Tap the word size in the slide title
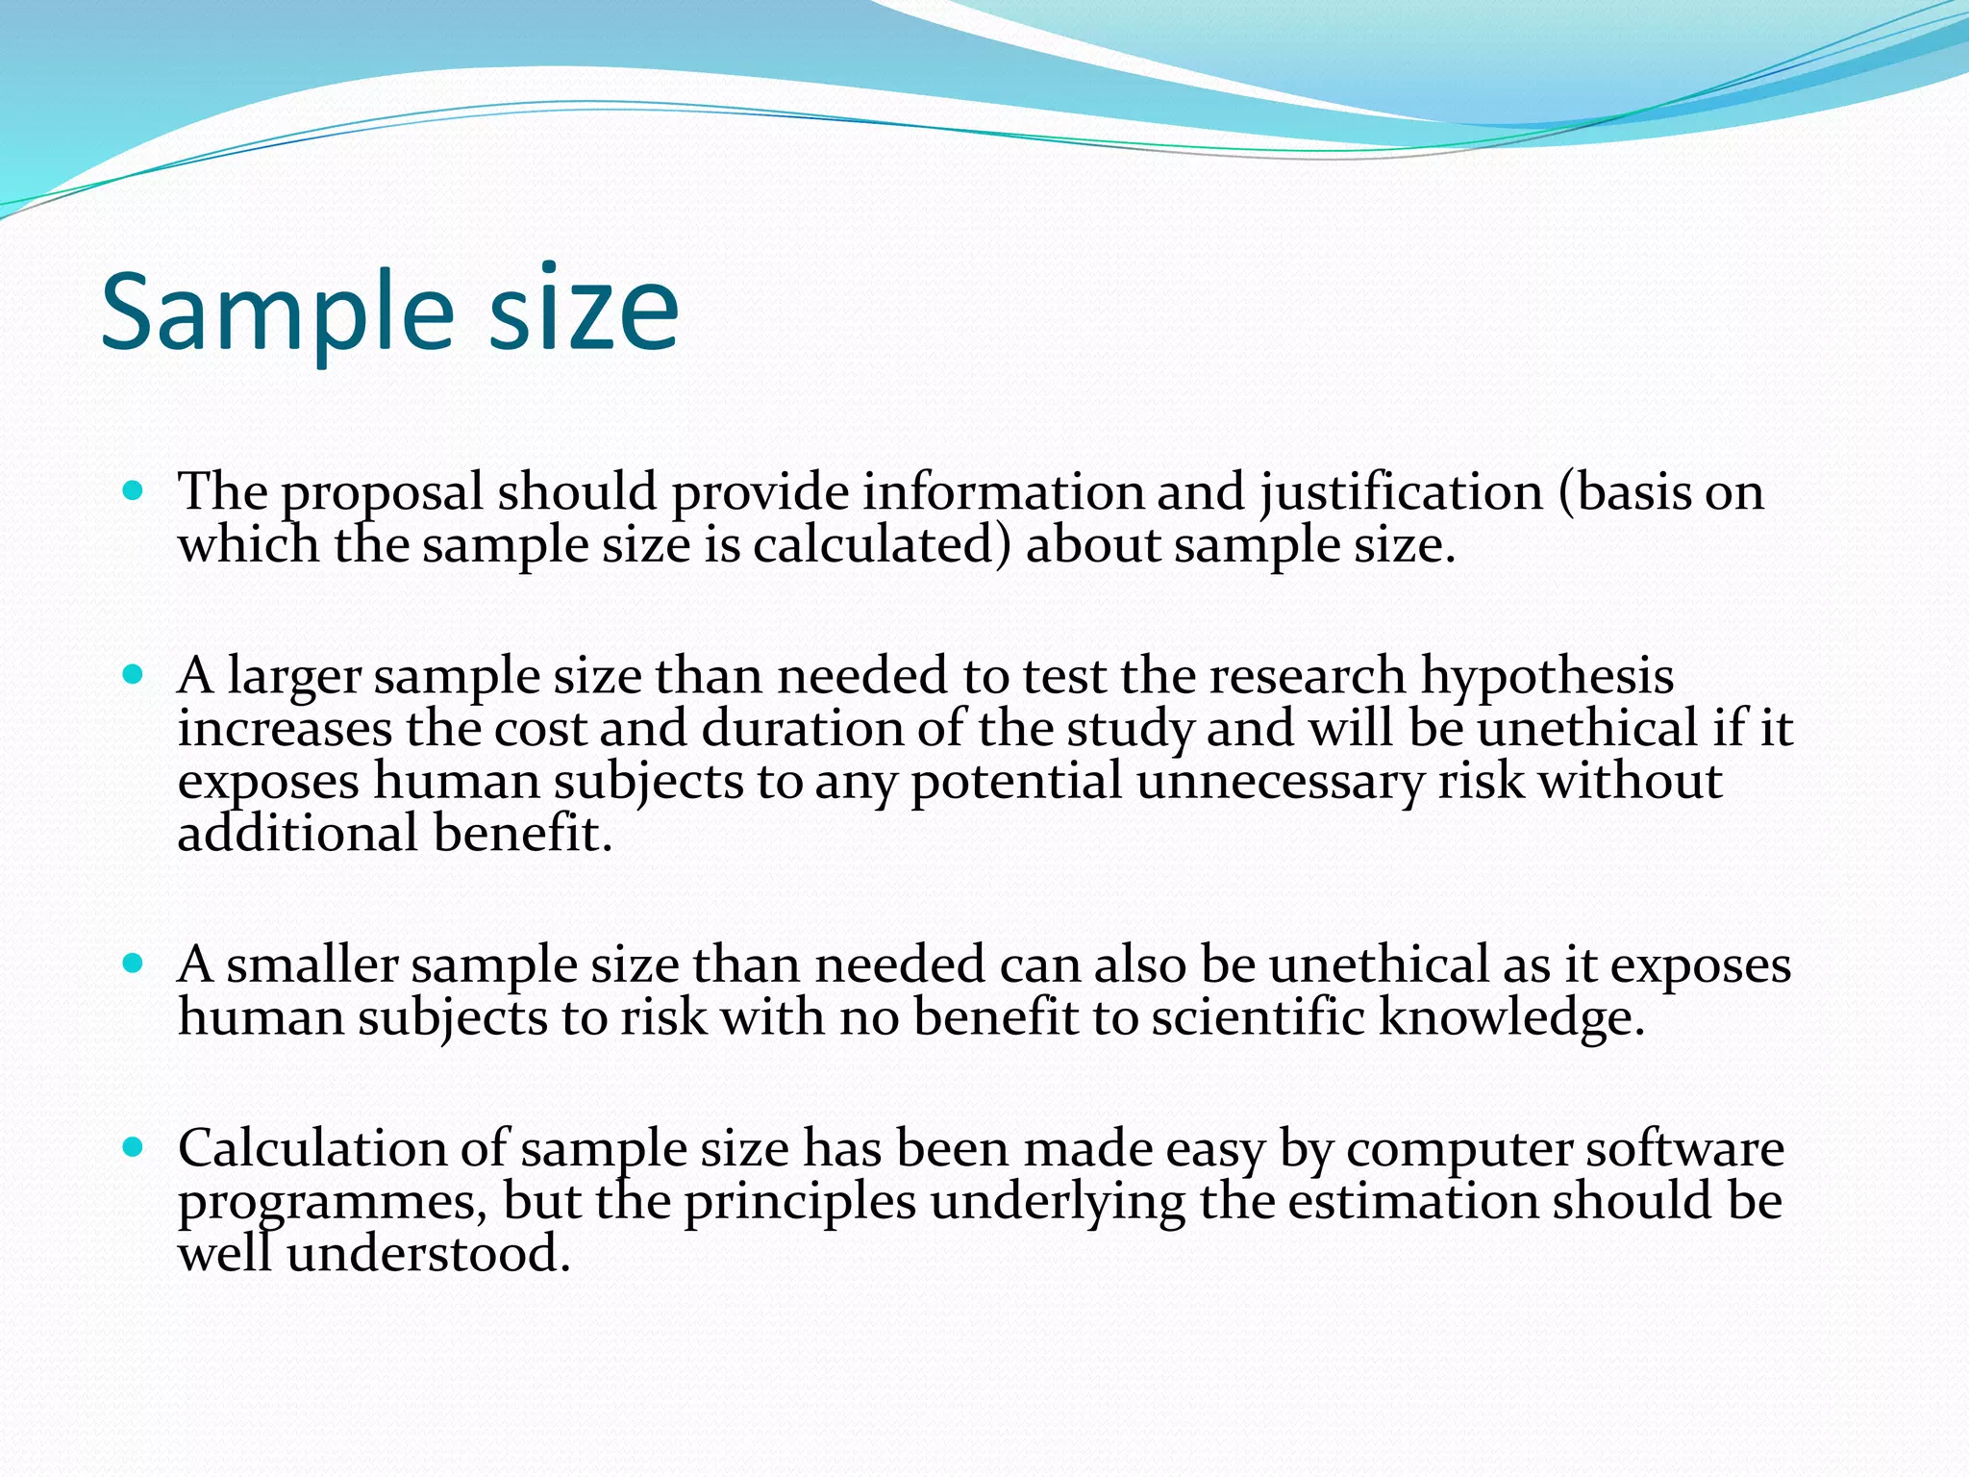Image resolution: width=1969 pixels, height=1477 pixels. [584, 310]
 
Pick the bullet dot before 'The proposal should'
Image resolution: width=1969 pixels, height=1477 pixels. [134, 490]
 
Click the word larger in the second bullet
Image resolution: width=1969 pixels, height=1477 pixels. [294, 677]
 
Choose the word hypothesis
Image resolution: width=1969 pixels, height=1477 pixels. [1547, 677]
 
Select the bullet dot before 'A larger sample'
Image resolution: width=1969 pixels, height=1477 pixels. [134, 673]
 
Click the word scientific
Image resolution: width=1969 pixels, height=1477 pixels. [1258, 1017]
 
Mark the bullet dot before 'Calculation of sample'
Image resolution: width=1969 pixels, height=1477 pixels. [134, 1146]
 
